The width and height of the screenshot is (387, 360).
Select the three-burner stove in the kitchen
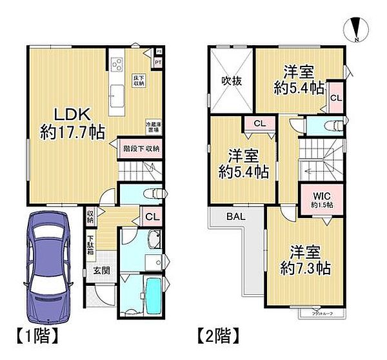(117, 65)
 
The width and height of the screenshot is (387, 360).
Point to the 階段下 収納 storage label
(141, 148)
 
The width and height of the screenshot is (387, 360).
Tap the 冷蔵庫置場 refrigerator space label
(153, 126)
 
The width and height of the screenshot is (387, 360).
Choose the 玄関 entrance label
(100, 271)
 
